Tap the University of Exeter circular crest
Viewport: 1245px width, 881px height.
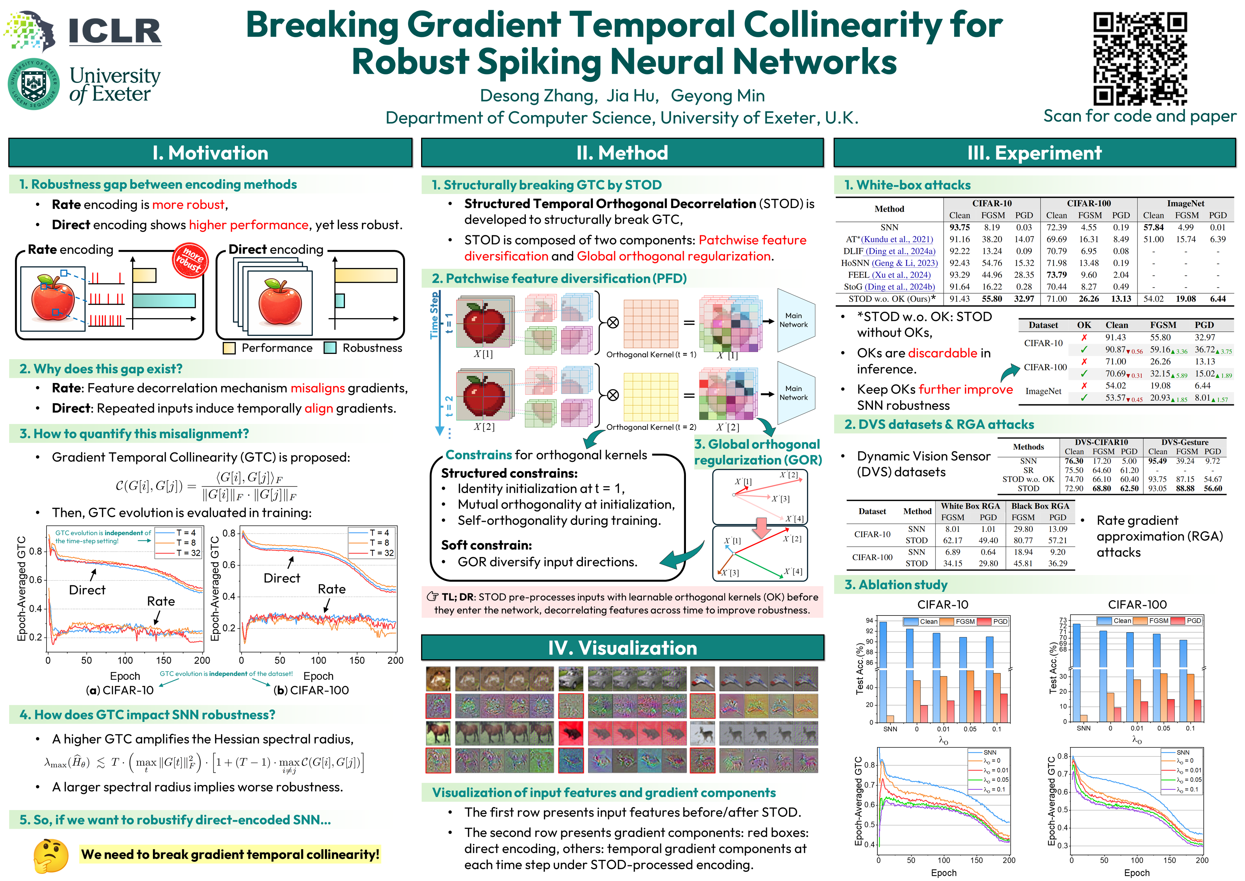click(x=34, y=84)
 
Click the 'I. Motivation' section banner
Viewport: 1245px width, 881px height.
click(x=210, y=153)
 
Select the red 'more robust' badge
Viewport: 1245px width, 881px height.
click(x=190, y=260)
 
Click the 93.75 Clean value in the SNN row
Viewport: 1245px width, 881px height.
click(x=959, y=227)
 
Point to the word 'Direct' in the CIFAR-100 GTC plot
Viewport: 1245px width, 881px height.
click(x=281, y=578)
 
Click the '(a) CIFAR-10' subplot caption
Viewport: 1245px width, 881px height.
click(x=120, y=690)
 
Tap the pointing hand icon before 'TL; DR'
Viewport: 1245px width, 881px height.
click(x=432, y=597)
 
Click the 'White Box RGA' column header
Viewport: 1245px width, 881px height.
click(x=970, y=506)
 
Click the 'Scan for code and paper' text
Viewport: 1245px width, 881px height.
click(x=1139, y=116)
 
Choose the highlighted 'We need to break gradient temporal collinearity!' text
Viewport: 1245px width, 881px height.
click(x=230, y=854)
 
